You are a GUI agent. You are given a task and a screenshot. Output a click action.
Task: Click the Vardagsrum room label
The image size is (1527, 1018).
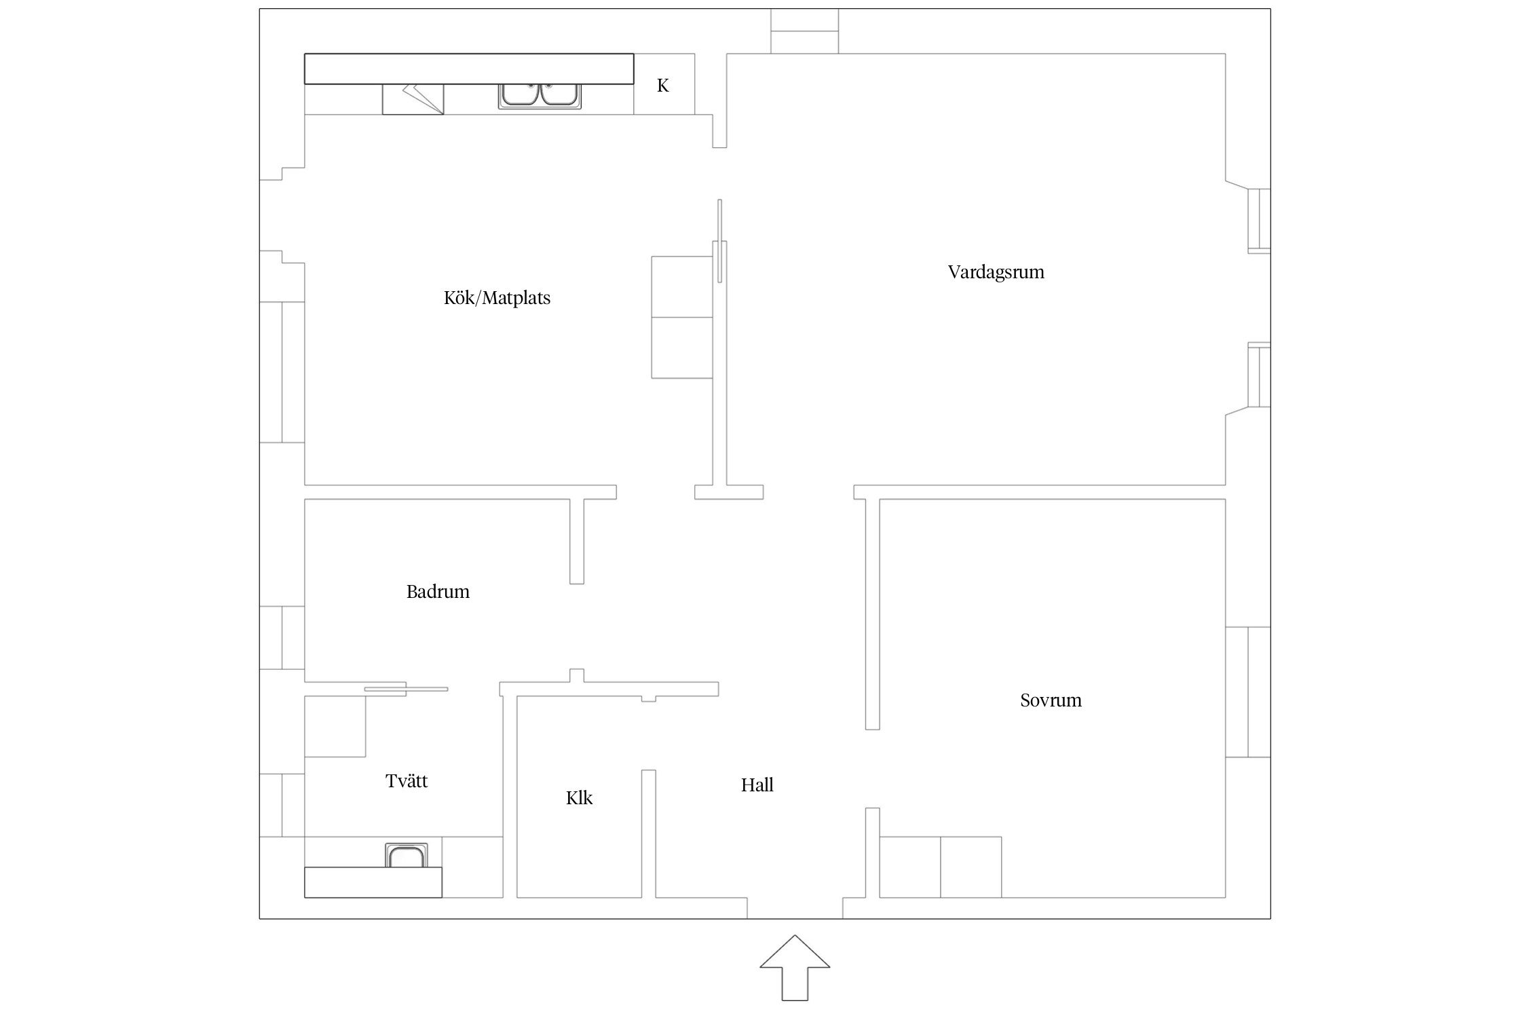pos(996,273)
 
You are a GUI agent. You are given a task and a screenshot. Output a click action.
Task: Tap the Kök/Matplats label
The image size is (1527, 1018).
pos(497,298)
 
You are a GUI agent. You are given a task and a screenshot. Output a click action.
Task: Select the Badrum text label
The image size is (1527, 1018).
pos(438,592)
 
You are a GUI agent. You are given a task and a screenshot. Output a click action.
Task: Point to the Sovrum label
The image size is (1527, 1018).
pos(1051,700)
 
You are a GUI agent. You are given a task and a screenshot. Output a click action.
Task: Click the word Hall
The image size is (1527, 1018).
pos(757,785)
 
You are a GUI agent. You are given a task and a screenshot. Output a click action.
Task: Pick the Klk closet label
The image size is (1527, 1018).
pos(579,798)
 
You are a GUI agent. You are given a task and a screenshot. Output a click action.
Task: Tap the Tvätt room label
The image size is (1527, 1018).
pos(407,781)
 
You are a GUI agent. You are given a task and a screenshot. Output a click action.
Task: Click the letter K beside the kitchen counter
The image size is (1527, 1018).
pos(663,86)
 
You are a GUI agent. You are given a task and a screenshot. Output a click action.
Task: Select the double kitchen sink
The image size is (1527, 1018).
pos(540,96)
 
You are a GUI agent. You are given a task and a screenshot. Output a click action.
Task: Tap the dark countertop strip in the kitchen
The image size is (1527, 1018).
pos(469,69)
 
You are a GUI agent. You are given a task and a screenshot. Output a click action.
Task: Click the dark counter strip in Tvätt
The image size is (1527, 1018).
pos(373,882)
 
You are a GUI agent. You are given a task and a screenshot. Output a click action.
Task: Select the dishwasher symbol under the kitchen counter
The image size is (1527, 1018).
pos(413,99)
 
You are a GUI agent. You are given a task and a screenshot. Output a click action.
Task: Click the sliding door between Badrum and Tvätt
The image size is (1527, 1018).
pos(406,689)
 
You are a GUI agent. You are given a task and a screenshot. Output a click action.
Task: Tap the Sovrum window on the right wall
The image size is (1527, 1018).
pos(1247,692)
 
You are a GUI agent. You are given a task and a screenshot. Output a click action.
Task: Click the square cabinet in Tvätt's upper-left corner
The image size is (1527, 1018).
pos(335,726)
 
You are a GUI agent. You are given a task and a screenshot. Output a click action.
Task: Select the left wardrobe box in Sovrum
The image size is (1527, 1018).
pos(910,867)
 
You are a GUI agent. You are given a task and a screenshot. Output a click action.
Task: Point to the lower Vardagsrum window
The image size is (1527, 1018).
pos(1259,375)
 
